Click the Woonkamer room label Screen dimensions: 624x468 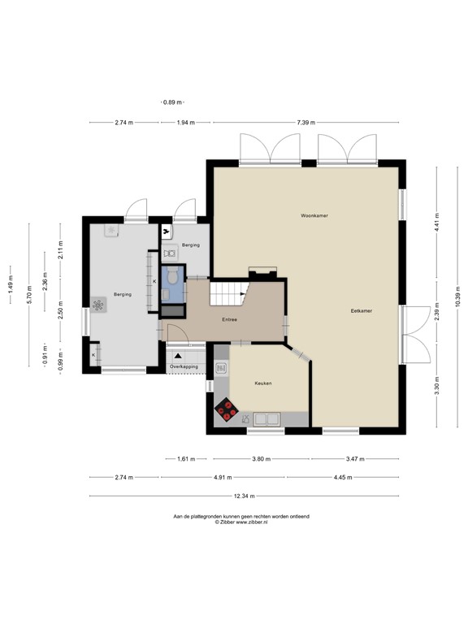point(313,216)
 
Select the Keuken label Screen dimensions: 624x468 point(262,383)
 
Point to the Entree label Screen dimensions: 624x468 point(229,319)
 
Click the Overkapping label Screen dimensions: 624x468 point(184,367)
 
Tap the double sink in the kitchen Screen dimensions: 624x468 point(267,419)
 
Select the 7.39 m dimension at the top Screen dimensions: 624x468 point(305,123)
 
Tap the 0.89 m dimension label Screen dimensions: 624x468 point(171,102)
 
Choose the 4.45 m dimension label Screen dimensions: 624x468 point(342,478)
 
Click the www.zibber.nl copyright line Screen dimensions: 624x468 point(241,523)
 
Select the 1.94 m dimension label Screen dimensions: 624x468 point(186,123)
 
